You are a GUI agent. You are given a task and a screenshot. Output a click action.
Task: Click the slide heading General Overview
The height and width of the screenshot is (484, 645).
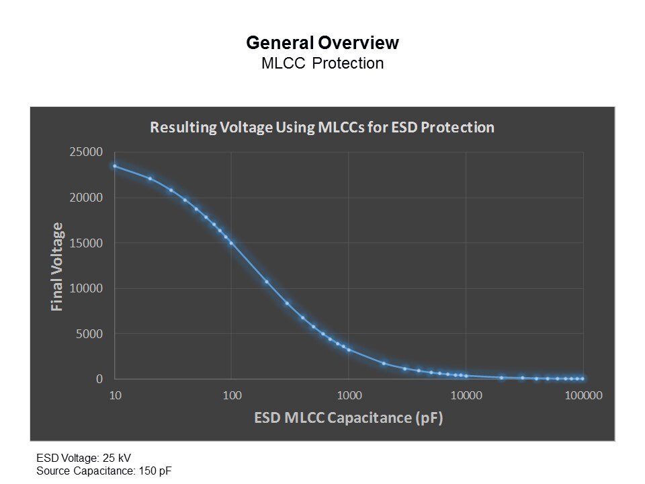(x=322, y=43)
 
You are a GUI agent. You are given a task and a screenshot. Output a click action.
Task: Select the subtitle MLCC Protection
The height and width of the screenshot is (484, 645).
(x=322, y=64)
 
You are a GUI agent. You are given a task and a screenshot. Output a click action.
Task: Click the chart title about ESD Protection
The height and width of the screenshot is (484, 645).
(x=322, y=127)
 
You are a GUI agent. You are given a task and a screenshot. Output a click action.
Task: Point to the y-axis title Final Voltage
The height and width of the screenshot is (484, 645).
(x=57, y=267)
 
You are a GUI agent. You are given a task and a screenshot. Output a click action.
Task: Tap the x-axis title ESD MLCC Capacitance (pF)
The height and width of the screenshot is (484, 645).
(x=349, y=417)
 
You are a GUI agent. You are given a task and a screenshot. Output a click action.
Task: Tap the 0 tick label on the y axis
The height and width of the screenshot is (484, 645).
(x=99, y=379)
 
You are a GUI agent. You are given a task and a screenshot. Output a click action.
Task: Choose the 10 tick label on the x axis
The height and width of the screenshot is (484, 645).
(x=115, y=395)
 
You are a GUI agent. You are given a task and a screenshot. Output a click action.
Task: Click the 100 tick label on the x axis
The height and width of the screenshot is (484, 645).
(x=232, y=395)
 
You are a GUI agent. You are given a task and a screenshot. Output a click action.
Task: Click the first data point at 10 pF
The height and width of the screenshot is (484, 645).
(x=115, y=166)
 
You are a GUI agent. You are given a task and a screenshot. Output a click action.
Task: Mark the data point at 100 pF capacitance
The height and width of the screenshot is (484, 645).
(x=232, y=243)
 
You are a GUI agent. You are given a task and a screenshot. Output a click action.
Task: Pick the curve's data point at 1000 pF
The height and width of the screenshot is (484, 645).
(x=349, y=350)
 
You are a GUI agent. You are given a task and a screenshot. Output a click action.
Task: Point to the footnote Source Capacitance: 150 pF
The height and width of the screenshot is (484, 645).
(x=103, y=470)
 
